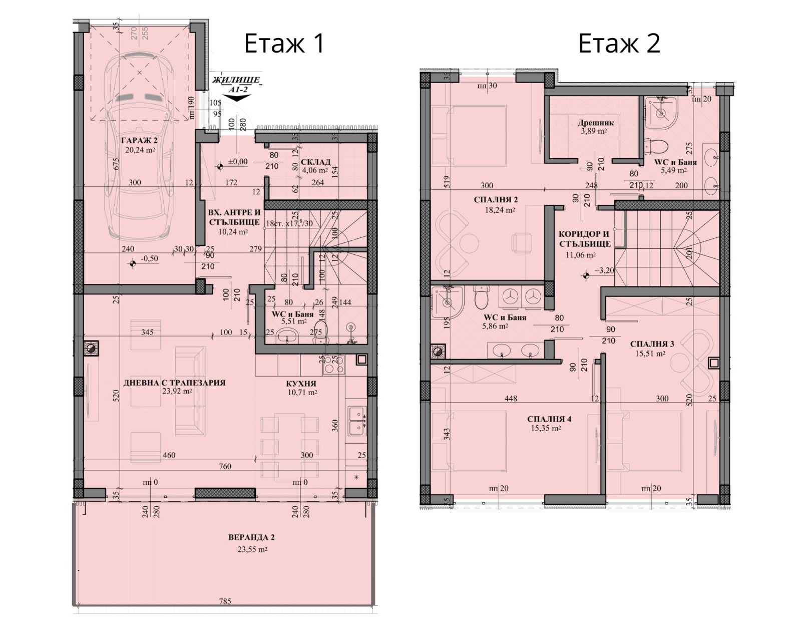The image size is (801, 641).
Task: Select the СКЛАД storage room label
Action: (x=315, y=162)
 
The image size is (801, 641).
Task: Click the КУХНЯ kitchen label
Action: (x=301, y=383)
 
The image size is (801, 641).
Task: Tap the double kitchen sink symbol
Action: (x=357, y=420)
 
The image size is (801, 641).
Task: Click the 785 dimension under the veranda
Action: (x=225, y=601)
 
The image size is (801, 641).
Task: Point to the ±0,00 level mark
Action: (x=237, y=161)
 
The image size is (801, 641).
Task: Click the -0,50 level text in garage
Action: (x=149, y=258)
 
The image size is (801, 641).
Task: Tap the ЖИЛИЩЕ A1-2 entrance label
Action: (x=236, y=84)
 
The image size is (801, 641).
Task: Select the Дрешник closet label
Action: (x=595, y=122)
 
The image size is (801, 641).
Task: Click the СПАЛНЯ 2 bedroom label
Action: (x=496, y=200)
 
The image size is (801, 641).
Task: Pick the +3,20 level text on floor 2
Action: (x=604, y=270)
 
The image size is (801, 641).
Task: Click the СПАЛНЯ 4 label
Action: (x=549, y=419)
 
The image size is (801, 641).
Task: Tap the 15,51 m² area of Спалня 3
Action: (x=651, y=353)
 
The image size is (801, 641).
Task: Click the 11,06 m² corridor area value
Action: (x=580, y=254)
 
